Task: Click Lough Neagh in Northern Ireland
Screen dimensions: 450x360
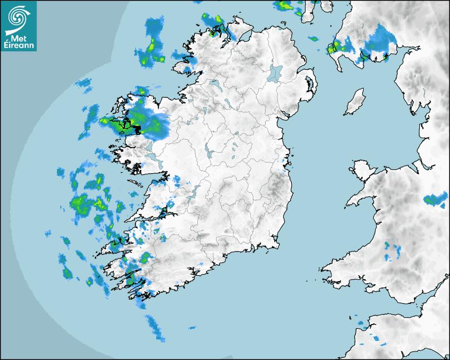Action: tap(276, 73)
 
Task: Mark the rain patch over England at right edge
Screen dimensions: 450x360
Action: tap(435, 200)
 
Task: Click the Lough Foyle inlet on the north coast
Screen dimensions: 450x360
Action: tap(244, 37)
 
